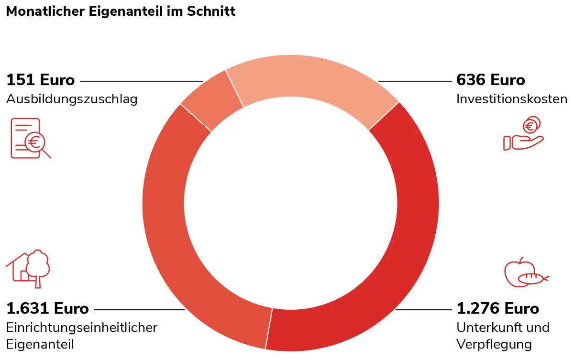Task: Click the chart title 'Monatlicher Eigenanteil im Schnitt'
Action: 121,11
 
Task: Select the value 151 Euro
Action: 41,80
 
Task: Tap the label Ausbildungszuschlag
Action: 72,99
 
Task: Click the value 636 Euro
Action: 490,80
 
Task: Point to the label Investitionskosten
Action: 512,99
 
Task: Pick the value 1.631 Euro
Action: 47,308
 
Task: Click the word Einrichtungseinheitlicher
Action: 82,327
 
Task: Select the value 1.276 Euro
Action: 497,308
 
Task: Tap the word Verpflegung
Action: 494,344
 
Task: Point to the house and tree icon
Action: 28,268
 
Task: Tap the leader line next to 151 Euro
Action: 141,81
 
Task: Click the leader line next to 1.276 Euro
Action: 423,310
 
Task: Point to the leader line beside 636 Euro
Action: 414,81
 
